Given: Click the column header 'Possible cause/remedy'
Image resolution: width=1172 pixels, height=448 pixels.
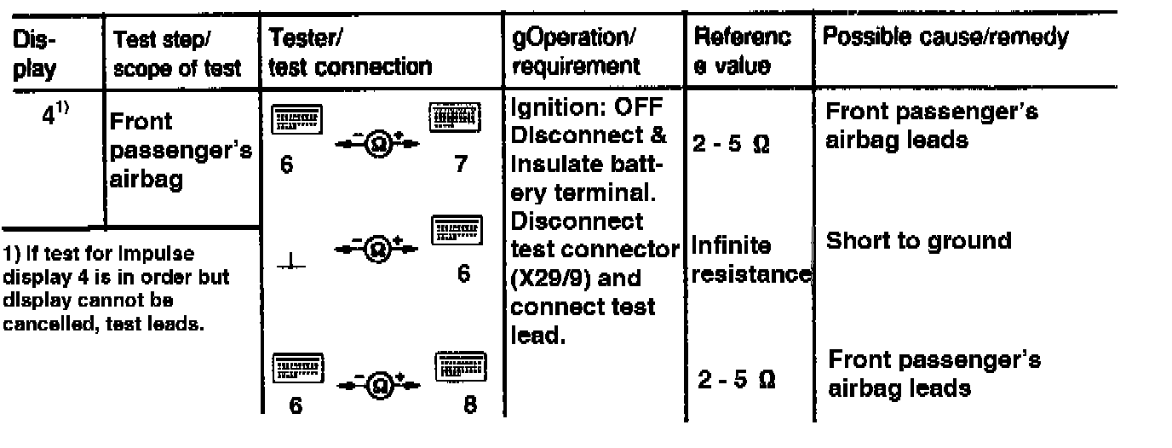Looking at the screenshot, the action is pos(945,38).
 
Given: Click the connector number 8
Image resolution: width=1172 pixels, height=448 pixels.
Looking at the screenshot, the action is pos(470,406).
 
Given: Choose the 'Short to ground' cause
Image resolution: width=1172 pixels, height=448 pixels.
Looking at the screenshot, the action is pos(918,241).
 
